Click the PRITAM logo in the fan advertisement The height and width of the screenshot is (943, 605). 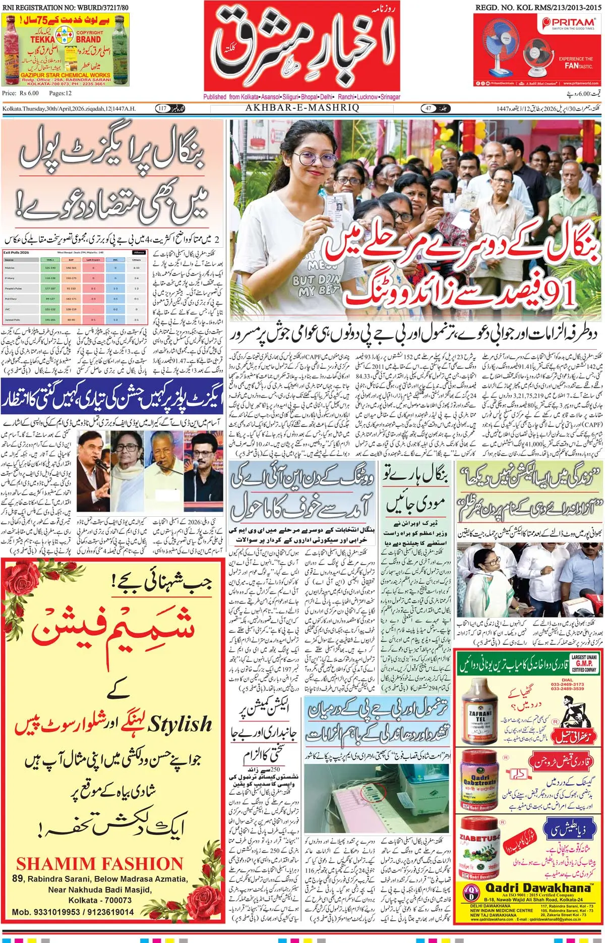pyautogui.click(x=569, y=22)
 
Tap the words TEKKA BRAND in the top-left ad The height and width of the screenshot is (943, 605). pyautogui.click(x=66, y=39)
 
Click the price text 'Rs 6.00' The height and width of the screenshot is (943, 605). pyautogui.click(x=29, y=93)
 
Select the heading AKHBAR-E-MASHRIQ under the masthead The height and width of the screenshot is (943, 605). pyautogui.click(x=302, y=108)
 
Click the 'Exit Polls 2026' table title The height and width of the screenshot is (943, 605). pyautogui.click(x=17, y=252)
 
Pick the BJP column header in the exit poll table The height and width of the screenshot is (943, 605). pyautogui.click(x=71, y=260)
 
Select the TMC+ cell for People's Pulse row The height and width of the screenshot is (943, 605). pyautogui.click(x=50, y=289)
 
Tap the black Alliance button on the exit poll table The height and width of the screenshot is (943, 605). pyautogui.click(x=139, y=252)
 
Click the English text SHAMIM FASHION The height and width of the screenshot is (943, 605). pyautogui.click(x=100, y=863)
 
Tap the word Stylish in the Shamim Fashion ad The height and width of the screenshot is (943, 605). pyautogui.click(x=179, y=724)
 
